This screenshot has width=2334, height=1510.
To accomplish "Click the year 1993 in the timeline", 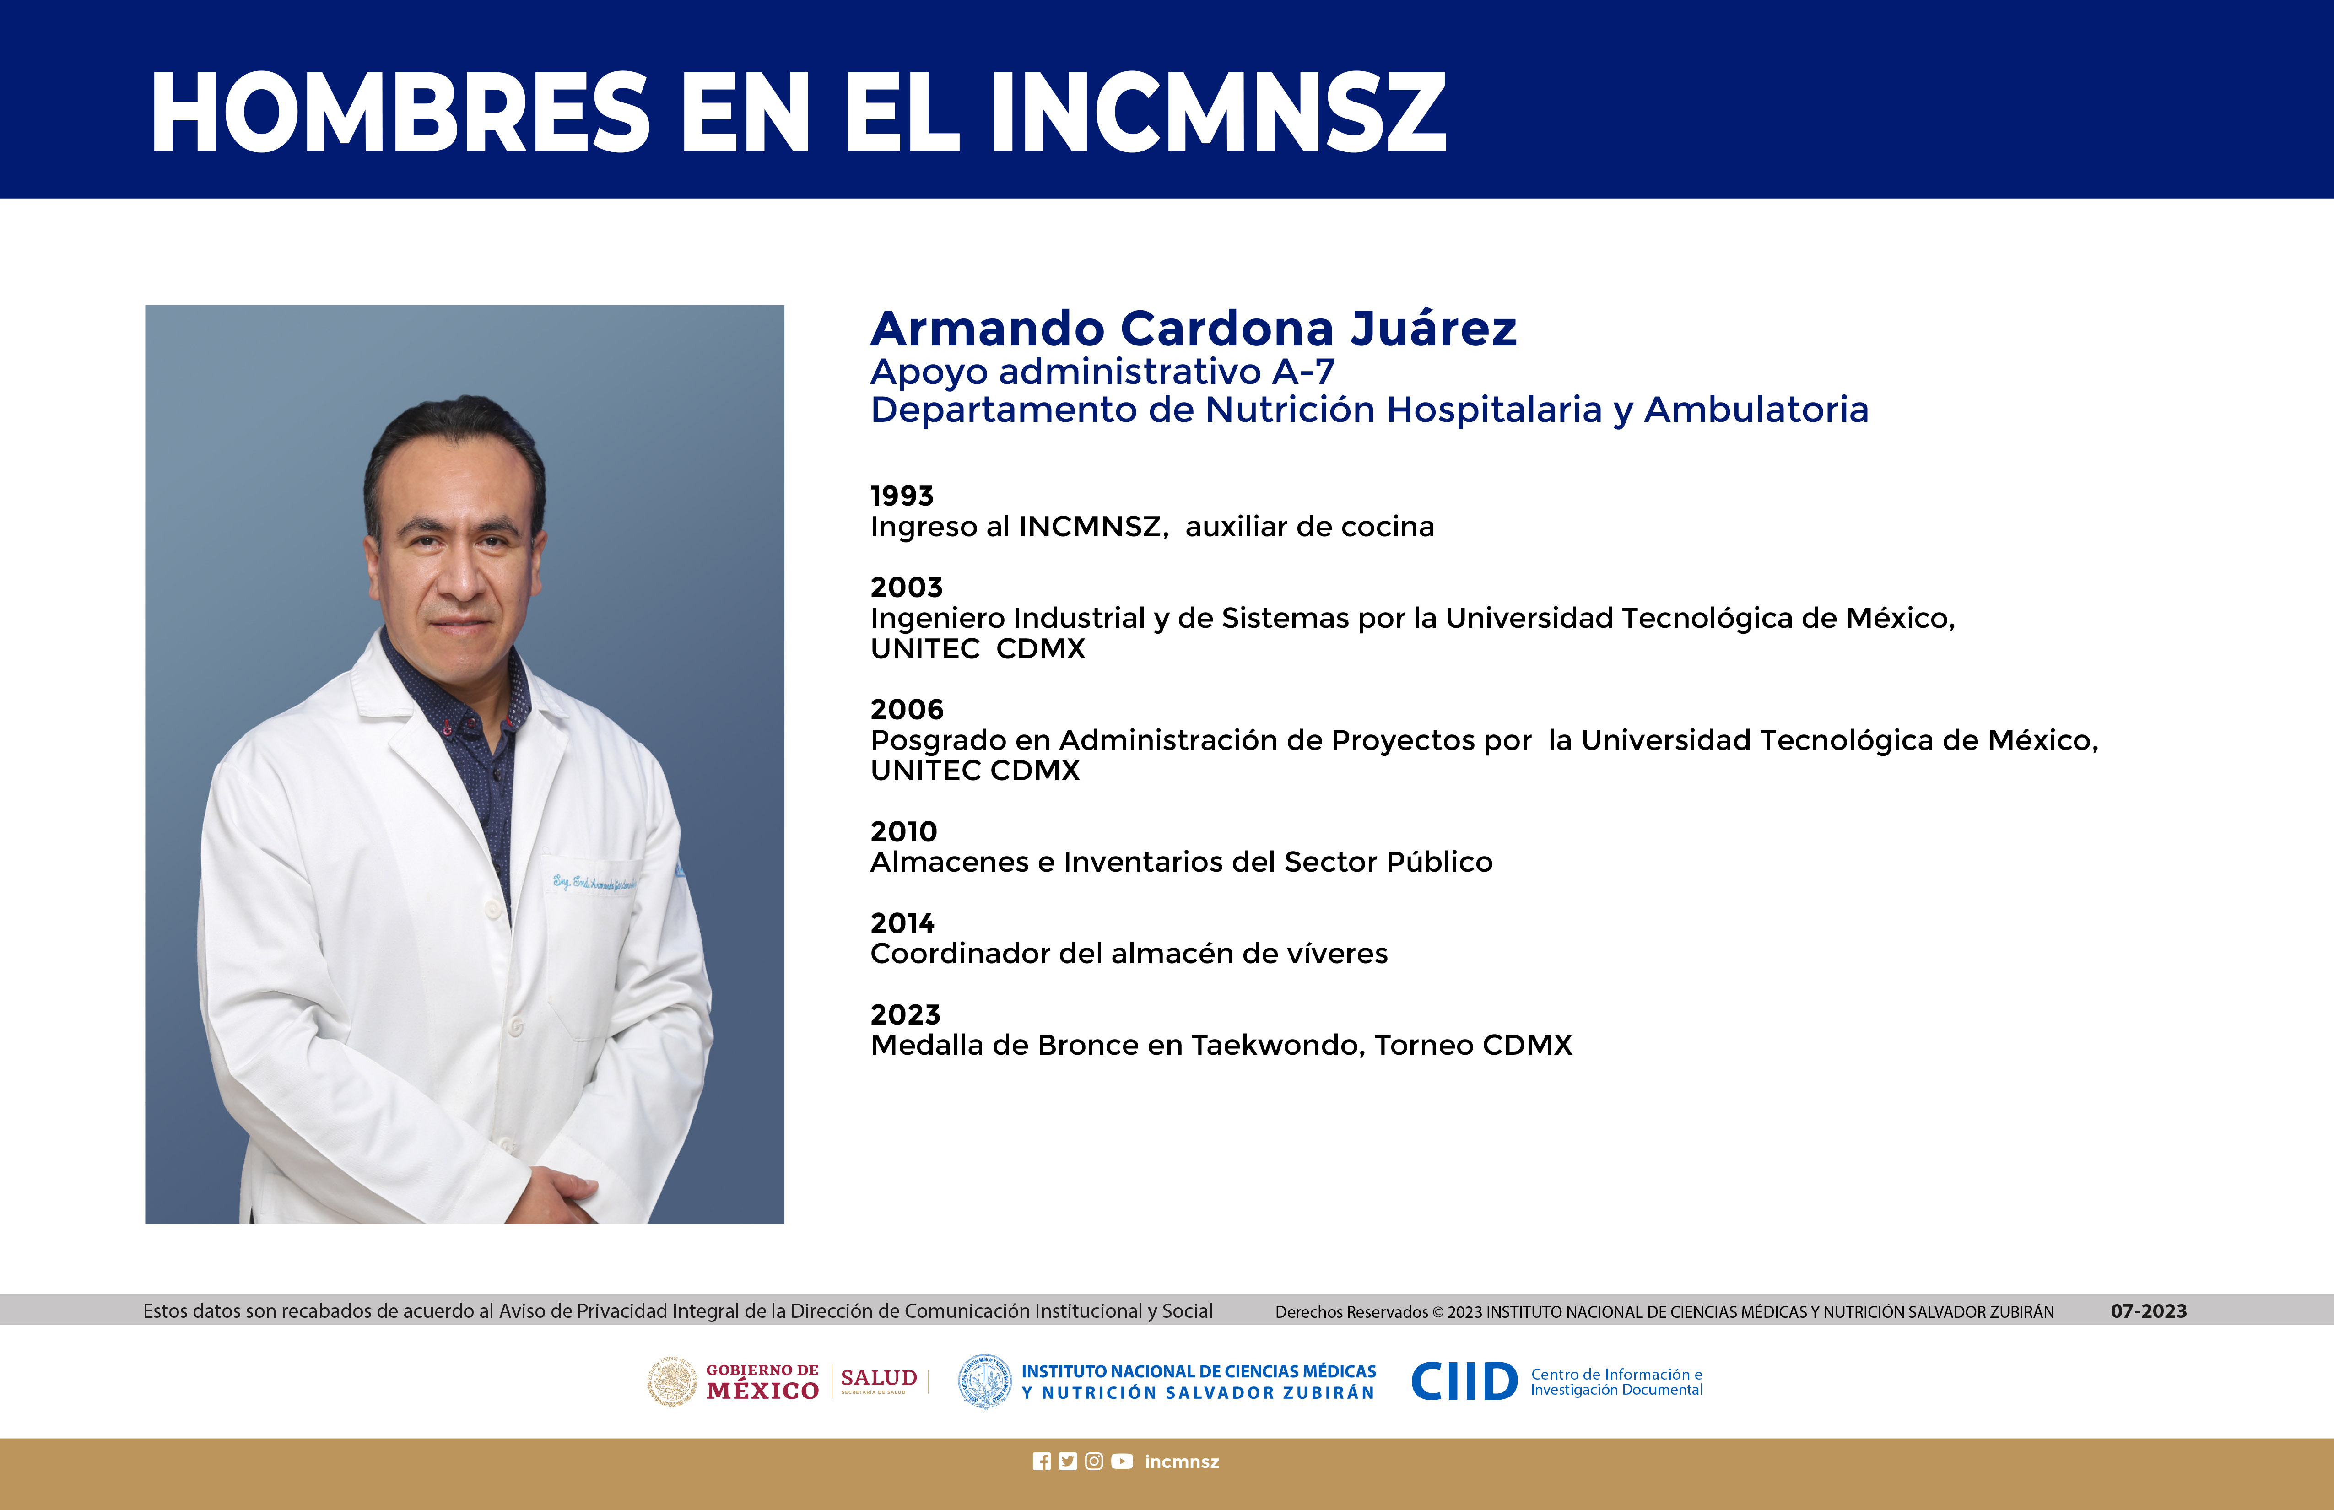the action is (x=901, y=496).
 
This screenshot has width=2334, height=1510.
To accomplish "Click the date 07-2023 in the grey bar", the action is (x=2149, y=1311).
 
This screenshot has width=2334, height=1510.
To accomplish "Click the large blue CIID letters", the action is (x=1464, y=1381).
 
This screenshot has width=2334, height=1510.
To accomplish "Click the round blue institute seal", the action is (x=984, y=1381).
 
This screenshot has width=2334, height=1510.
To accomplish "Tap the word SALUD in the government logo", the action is (x=879, y=1378).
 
